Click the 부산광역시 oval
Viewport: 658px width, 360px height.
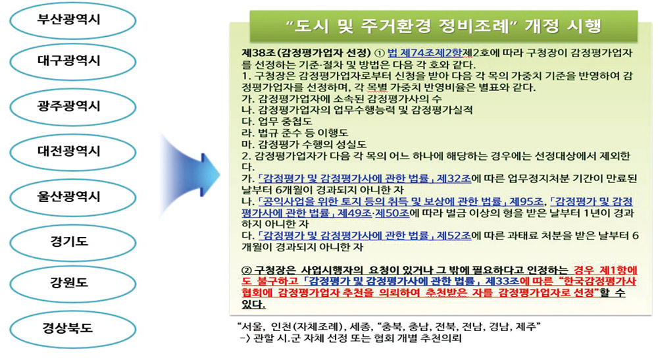(x=72, y=20)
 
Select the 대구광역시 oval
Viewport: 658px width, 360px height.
(x=72, y=61)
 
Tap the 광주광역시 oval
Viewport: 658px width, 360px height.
(x=72, y=107)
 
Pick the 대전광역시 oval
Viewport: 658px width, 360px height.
(x=72, y=152)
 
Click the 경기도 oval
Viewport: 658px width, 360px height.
(x=72, y=242)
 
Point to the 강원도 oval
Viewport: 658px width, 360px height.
(x=72, y=283)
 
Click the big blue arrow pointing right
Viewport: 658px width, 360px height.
(x=190, y=174)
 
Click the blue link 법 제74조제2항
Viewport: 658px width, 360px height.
(x=424, y=53)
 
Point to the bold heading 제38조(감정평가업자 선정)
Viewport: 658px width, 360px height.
(x=307, y=53)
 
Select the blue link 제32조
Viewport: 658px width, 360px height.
(x=454, y=179)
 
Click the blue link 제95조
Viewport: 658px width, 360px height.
(x=526, y=201)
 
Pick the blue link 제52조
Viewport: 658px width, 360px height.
(x=454, y=236)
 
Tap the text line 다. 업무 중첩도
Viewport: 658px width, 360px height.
(x=277, y=122)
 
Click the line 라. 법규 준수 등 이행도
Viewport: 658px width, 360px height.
(x=295, y=133)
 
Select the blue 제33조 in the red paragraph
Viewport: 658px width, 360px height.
(x=502, y=281)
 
